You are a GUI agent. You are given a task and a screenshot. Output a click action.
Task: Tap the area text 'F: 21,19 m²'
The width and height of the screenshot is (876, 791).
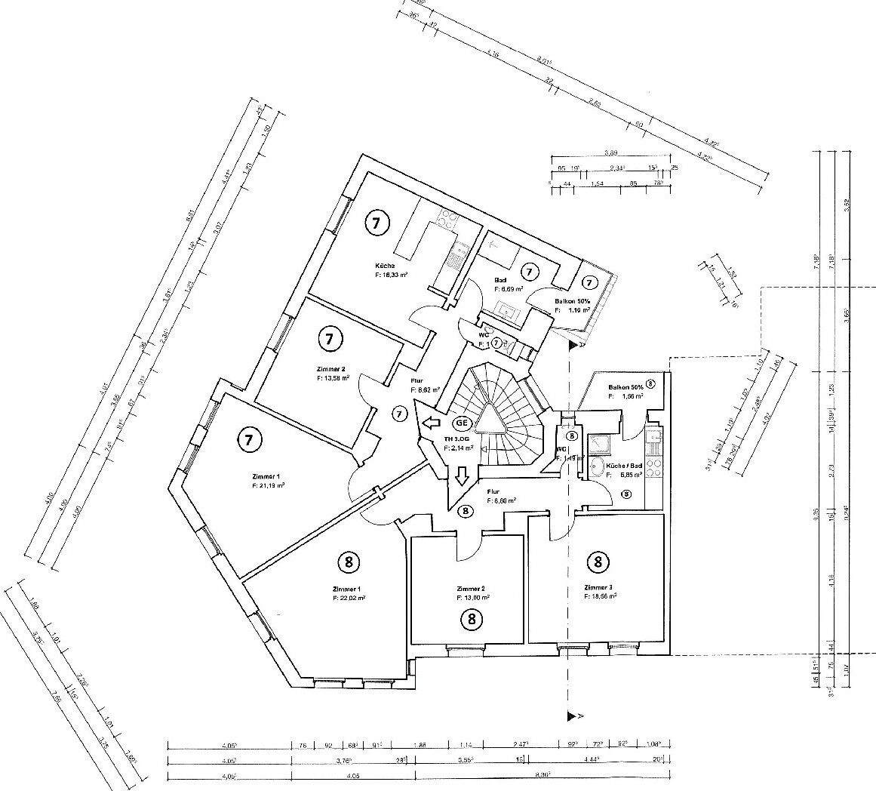pyautogui.click(x=268, y=487)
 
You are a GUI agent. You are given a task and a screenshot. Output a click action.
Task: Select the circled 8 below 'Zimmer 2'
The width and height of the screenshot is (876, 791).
pyautogui.click(x=472, y=620)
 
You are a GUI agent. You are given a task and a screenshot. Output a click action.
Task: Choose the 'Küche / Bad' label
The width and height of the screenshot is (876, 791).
pyautogui.click(x=625, y=466)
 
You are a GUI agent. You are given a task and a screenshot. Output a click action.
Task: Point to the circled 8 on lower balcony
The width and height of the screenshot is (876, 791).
pyautogui.click(x=650, y=383)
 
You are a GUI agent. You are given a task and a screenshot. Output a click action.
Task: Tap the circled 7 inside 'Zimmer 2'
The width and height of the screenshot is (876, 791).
pyautogui.click(x=329, y=339)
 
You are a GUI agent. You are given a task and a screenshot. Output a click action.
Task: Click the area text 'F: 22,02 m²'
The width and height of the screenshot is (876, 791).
pyautogui.click(x=349, y=597)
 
